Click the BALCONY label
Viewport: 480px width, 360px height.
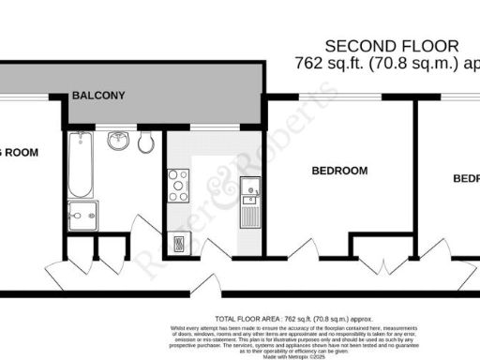98,96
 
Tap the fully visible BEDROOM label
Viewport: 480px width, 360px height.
338,172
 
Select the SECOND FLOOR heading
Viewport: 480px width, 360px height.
393,45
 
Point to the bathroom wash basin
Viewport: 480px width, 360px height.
118,142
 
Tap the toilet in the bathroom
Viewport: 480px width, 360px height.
144,142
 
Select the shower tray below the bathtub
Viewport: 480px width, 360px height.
82,213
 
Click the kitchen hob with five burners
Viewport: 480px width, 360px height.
178,185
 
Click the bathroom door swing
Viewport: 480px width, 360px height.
147,230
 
